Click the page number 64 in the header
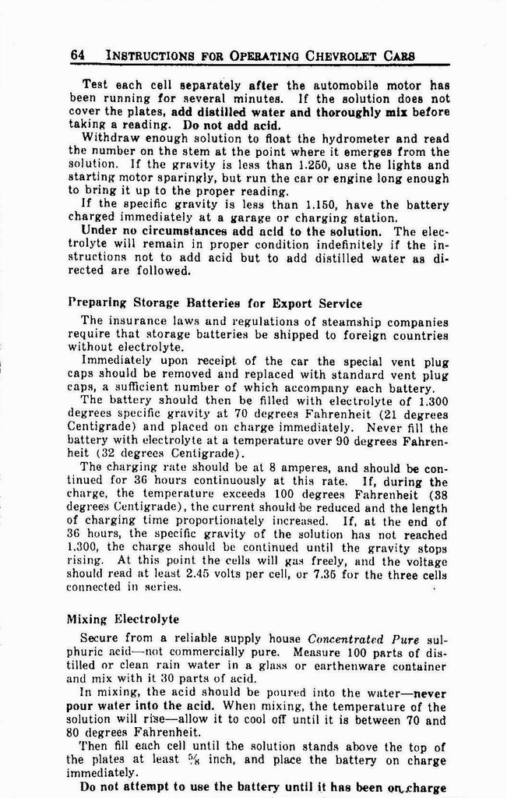coord(77,55)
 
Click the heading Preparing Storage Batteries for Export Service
coord(215,303)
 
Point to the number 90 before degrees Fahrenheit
coord(365,441)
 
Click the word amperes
coord(312,469)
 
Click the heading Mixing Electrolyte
coord(123,620)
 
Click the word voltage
coord(424,562)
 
